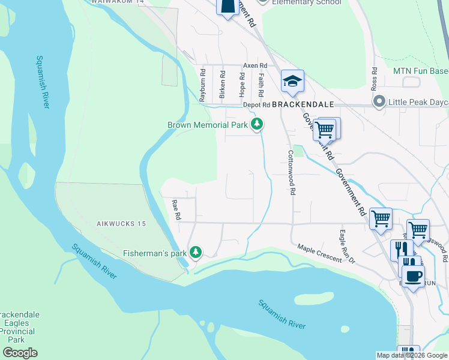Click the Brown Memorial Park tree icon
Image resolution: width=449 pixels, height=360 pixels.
pos(257,125)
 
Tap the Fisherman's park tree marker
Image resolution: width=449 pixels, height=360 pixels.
pos(195,253)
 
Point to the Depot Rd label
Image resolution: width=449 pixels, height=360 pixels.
pos(257,104)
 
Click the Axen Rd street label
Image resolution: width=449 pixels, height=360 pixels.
pos(254,65)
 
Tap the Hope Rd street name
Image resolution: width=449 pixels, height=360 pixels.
pos(242,85)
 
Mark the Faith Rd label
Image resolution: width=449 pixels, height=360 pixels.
pos(261,86)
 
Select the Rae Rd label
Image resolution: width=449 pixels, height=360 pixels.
pos(176,210)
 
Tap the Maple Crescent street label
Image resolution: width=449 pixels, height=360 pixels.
pos(319,248)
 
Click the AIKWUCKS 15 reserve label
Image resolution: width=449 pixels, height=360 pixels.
pos(121,224)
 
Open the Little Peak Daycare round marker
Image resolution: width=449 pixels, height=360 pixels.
pos(379,101)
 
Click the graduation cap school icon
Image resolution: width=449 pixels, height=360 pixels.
pos(292,82)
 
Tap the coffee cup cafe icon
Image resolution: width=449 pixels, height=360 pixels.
pos(412,276)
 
